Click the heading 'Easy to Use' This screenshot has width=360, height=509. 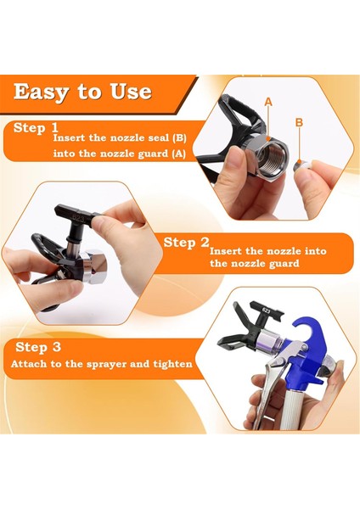tap(82, 92)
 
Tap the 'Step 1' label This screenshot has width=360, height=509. tap(36, 128)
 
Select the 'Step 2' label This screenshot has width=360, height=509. tap(186, 243)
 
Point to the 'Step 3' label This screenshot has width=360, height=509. tap(38, 347)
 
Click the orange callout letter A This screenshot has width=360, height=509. tap(268, 102)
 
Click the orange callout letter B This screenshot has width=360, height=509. tap(299, 122)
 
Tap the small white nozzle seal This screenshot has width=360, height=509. tap(302, 165)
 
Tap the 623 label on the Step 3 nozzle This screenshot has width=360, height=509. tap(267, 310)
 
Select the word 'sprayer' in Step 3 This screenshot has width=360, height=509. tap(104, 365)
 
